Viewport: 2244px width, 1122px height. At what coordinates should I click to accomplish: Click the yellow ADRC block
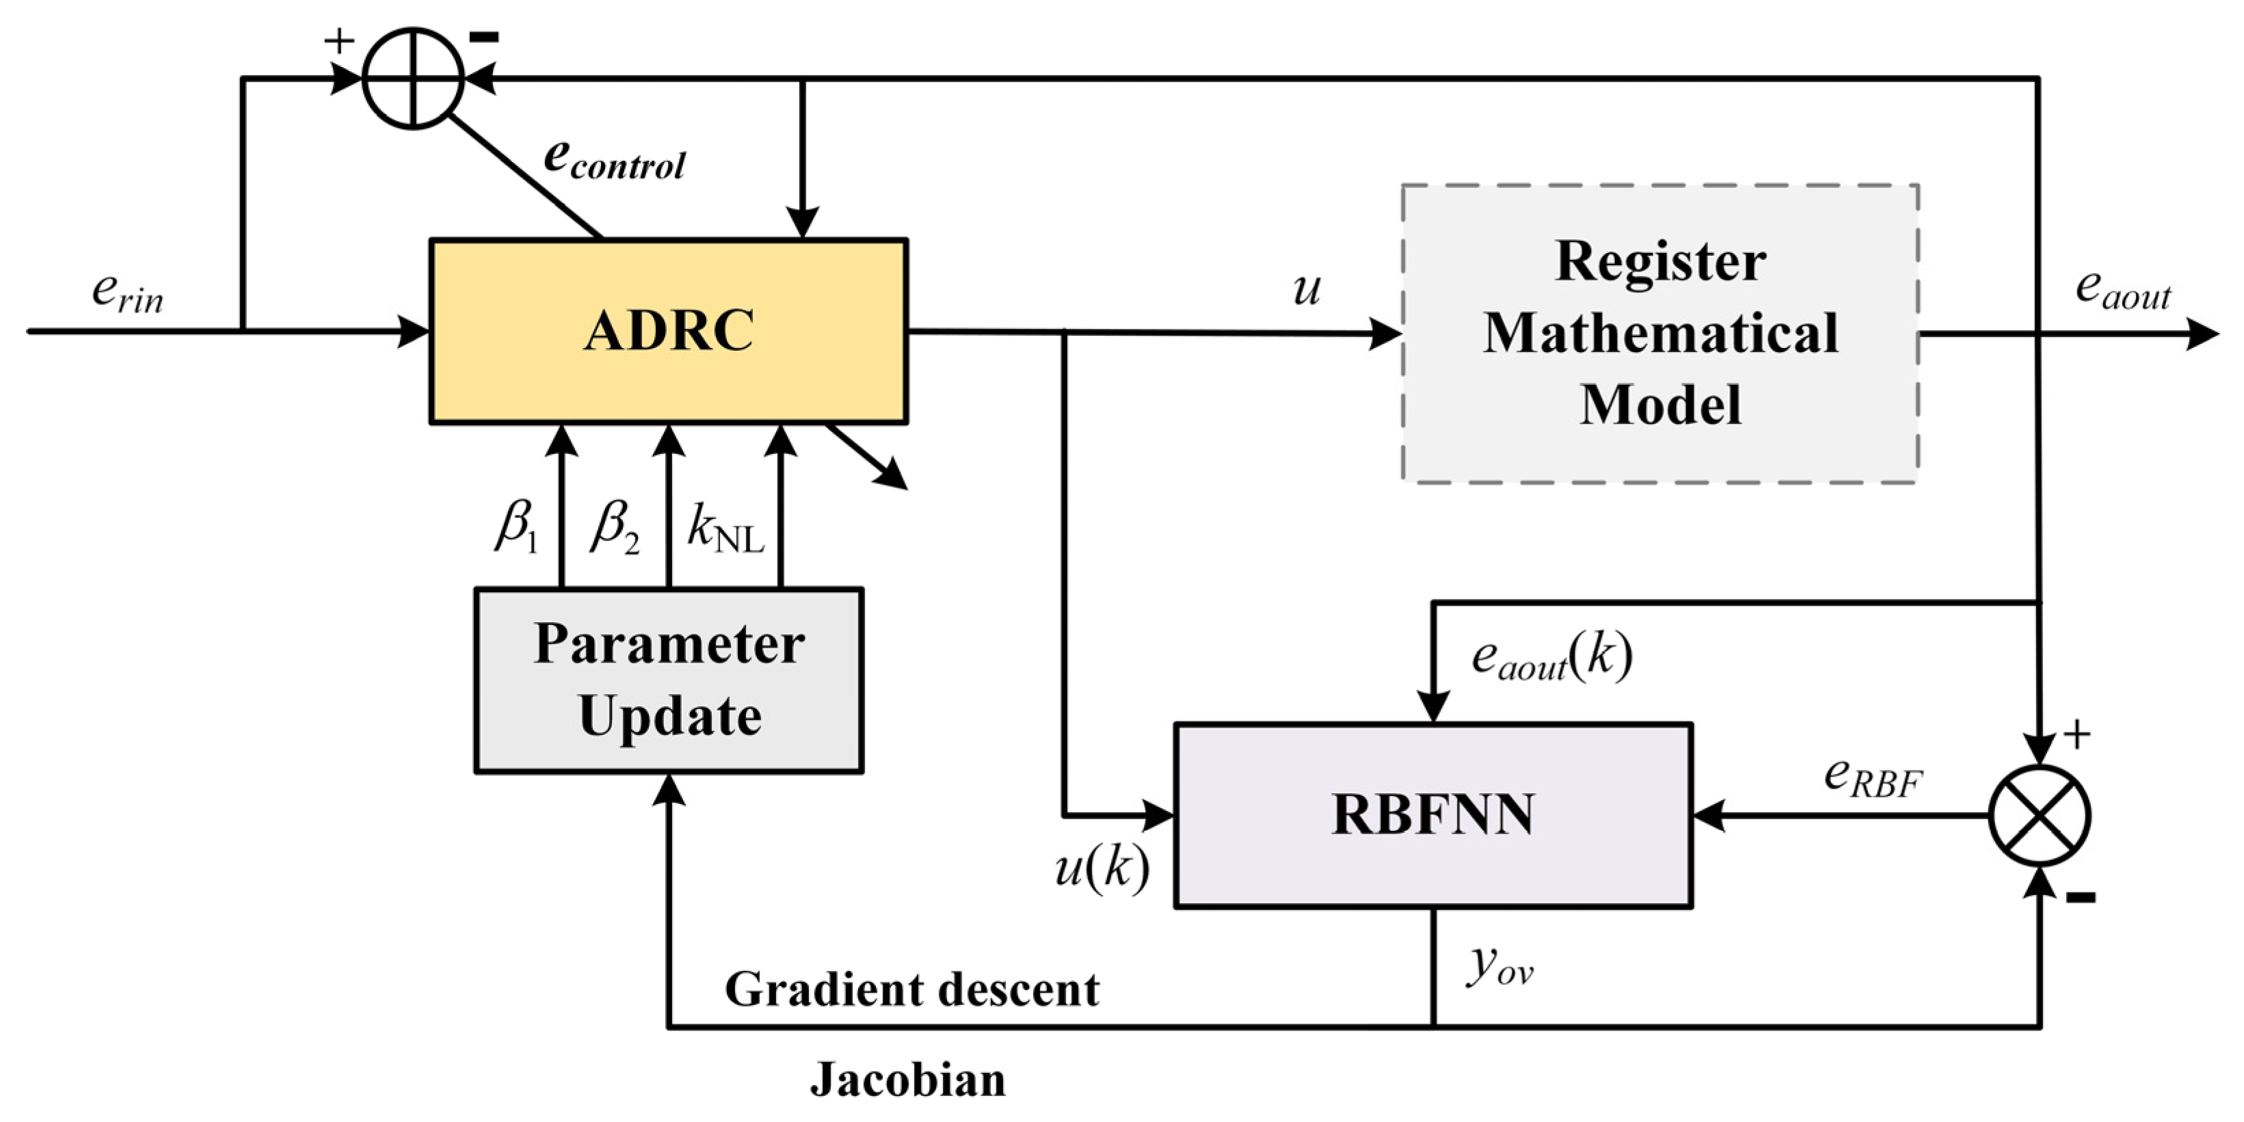[x=668, y=331]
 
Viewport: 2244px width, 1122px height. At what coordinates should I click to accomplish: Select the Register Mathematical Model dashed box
[x=1659, y=333]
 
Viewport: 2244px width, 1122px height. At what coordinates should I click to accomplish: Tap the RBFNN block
[x=1433, y=816]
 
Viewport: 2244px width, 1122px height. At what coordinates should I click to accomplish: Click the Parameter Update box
[x=669, y=680]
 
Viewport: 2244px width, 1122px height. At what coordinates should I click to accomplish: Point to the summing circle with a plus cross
[x=413, y=79]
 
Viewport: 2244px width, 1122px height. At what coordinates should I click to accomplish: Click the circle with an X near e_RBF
[x=2040, y=816]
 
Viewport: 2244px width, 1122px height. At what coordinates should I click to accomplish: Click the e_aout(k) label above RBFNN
[x=1551, y=658]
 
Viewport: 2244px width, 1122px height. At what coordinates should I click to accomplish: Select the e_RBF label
[x=1873, y=778]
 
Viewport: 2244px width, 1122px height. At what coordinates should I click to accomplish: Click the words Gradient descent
[x=912, y=989]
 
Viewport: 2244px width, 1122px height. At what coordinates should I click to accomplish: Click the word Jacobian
[x=908, y=1080]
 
